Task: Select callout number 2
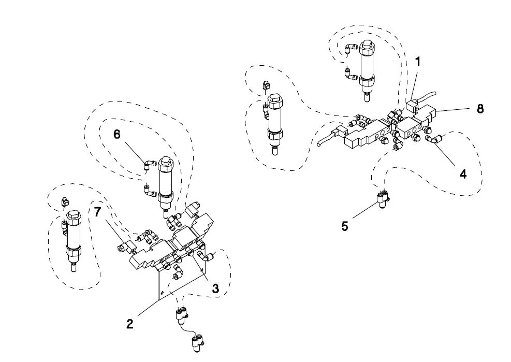coord(130,324)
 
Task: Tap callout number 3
coord(215,288)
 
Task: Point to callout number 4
coord(463,174)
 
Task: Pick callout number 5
coord(345,226)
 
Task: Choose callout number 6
coord(117,134)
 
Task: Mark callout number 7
coord(97,212)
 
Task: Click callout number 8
coord(480,109)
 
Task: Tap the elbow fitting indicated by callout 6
coord(149,165)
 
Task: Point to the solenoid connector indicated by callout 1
coord(412,107)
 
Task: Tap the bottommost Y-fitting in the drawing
coord(197,344)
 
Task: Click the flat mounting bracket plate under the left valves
coord(179,281)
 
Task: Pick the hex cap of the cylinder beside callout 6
coord(165,163)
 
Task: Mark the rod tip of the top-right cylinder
coord(367,97)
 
